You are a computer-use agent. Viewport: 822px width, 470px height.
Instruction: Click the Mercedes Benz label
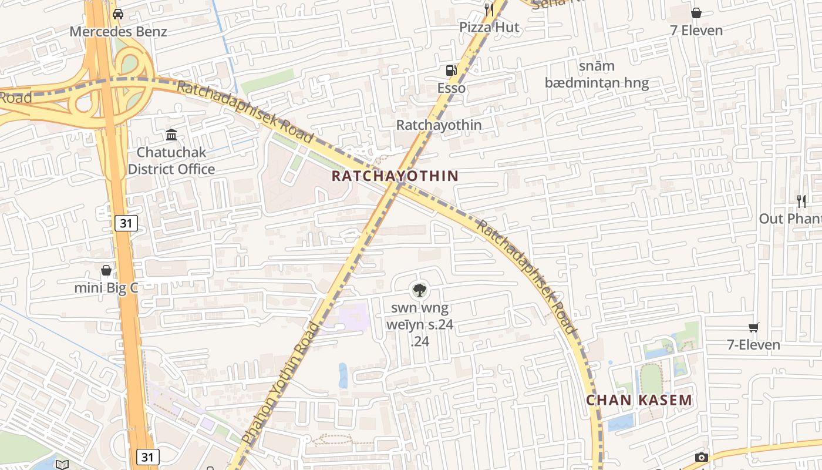(118, 32)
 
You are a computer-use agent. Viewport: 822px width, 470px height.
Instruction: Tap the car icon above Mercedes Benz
(118, 14)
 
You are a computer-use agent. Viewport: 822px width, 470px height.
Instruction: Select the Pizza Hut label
(489, 27)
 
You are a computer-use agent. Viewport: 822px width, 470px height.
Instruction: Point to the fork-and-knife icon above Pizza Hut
(489, 9)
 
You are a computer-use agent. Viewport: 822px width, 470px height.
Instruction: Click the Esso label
(452, 88)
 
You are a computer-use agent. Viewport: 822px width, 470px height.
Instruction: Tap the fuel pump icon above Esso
(451, 70)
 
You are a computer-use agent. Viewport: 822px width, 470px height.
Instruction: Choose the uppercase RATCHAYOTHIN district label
(395, 176)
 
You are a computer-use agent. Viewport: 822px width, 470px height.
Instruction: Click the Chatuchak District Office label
(171, 161)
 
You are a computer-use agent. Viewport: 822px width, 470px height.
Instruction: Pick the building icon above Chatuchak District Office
(171, 135)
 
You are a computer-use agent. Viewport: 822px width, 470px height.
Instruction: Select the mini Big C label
(106, 288)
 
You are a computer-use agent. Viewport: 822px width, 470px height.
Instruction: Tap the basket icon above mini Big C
(106, 270)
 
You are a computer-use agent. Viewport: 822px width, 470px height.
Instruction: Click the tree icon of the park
(419, 290)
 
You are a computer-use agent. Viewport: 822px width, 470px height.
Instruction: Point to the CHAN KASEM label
(639, 401)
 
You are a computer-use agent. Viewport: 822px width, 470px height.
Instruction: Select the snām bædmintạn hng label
(597, 75)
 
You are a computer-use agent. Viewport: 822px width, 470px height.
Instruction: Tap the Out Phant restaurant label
(790, 219)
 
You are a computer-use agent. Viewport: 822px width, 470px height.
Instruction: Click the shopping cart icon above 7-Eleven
(754, 327)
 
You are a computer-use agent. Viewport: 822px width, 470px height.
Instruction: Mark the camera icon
(701, 457)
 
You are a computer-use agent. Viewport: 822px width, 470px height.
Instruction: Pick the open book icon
(62, 465)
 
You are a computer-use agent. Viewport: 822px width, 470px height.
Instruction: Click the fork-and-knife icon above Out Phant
(801, 202)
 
